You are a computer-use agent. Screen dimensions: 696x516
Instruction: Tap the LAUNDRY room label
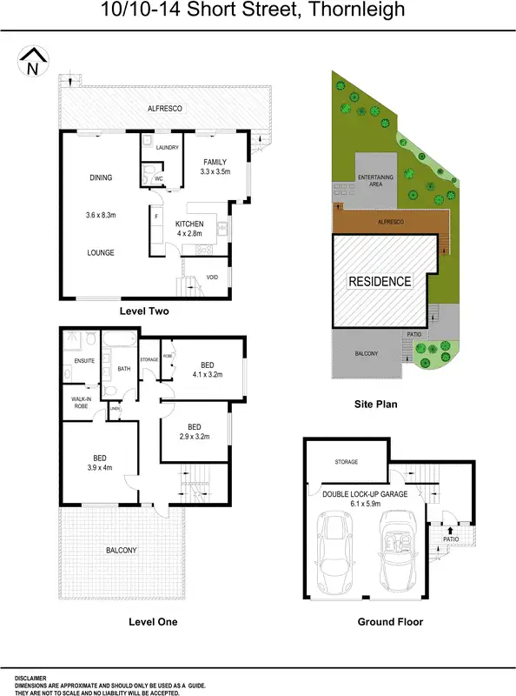coord(167,148)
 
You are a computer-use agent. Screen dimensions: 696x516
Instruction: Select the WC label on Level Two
coord(158,179)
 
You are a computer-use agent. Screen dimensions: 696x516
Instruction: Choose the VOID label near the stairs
coord(212,278)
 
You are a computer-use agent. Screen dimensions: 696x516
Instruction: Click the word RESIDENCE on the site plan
coord(380,282)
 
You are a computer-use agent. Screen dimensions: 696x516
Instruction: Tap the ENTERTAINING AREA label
coord(376,179)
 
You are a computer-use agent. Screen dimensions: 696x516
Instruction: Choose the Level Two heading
coord(143,311)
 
